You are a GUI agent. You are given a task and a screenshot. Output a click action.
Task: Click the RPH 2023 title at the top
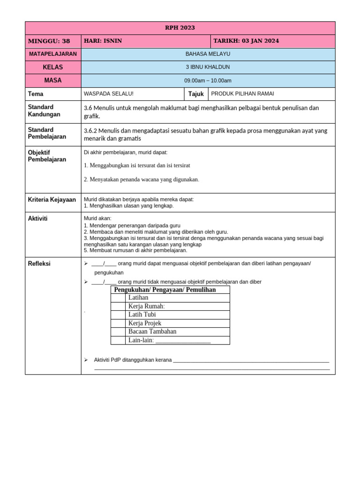[x=180, y=28]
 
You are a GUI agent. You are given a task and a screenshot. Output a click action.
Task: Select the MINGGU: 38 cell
[x=49, y=41]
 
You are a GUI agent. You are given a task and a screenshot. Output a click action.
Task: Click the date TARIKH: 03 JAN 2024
[x=246, y=41]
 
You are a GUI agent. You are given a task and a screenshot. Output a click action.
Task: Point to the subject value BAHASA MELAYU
[x=208, y=54]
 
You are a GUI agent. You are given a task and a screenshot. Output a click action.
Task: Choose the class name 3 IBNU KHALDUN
[x=208, y=67]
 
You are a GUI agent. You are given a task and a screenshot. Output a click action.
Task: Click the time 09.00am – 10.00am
[x=208, y=81]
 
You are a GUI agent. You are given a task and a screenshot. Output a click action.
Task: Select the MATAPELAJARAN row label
[x=53, y=54]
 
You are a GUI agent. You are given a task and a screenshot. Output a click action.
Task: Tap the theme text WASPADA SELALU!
[x=108, y=94]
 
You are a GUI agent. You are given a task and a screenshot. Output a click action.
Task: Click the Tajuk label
[x=196, y=94]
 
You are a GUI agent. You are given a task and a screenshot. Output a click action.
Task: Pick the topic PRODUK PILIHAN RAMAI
[x=242, y=94]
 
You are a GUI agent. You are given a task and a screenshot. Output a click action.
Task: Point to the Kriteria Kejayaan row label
[x=52, y=200]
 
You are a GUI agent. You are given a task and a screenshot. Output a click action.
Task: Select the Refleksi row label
[x=39, y=264]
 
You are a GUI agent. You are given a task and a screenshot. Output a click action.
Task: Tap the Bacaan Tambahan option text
[x=152, y=331]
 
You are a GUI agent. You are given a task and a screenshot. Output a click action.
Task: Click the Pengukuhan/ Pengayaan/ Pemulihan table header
[x=165, y=290]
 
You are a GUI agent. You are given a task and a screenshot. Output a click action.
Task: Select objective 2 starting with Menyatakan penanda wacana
[x=141, y=179]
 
